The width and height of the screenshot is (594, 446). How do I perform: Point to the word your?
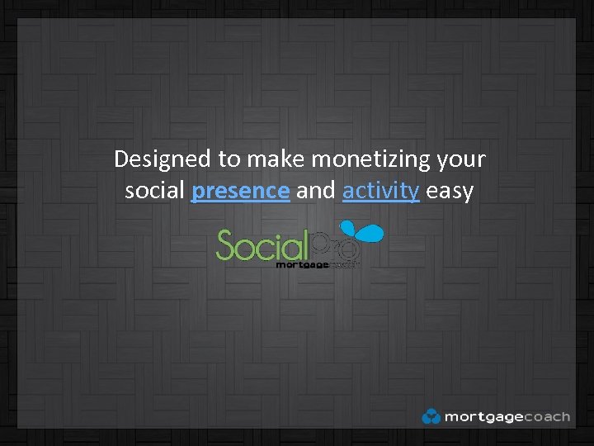(464, 159)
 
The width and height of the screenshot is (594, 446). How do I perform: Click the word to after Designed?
(225, 159)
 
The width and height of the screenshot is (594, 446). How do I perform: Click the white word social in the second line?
(155, 191)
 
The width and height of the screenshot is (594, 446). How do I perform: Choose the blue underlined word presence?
(240, 191)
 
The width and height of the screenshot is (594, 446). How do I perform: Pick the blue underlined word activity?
(380, 191)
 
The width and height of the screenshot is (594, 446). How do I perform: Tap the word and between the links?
(316, 191)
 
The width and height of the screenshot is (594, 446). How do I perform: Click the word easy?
(450, 191)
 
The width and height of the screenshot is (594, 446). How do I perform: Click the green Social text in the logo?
(261, 246)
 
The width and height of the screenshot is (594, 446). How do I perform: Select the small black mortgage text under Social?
(302, 265)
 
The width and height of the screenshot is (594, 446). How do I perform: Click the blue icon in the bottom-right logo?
(431, 416)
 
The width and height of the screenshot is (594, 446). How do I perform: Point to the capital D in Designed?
(121, 159)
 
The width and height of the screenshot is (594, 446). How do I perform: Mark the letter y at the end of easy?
(468, 192)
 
